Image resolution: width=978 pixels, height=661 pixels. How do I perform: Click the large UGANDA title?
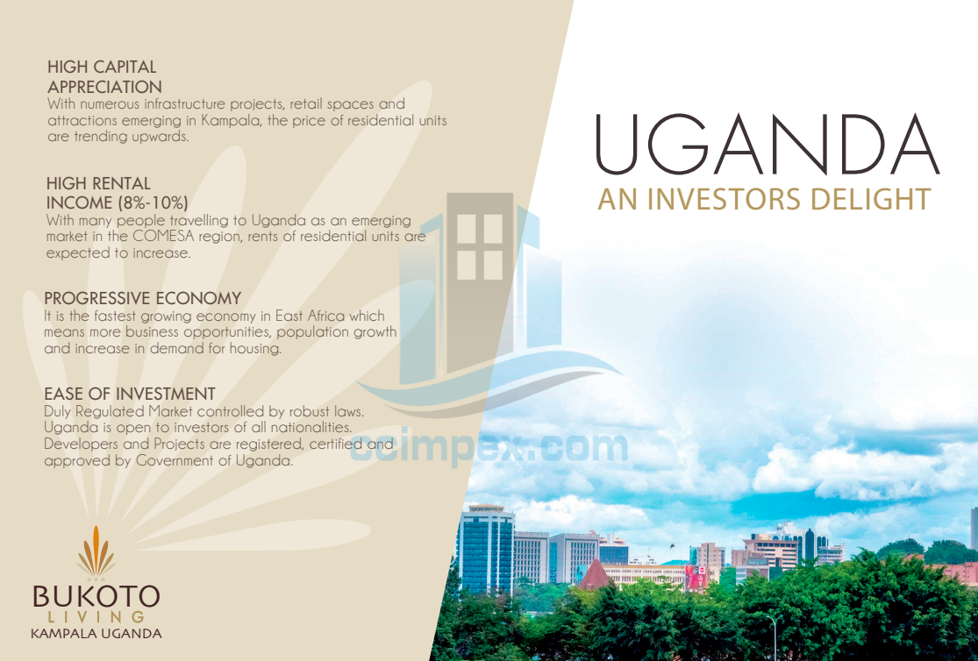click(x=767, y=145)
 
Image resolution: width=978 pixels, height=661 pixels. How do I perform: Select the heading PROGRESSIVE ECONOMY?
click(x=143, y=298)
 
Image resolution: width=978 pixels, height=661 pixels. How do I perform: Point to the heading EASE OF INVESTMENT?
click(x=130, y=394)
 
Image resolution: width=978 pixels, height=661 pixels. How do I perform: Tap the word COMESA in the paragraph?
click(x=164, y=237)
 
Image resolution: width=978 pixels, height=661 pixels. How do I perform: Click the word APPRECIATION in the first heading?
click(x=104, y=87)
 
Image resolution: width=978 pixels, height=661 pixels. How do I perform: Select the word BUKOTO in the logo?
click(x=96, y=596)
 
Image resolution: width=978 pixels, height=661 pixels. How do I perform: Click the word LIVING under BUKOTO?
click(x=96, y=616)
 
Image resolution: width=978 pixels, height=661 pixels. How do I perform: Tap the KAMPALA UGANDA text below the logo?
click(x=96, y=634)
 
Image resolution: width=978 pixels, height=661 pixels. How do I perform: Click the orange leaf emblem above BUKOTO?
click(x=96, y=551)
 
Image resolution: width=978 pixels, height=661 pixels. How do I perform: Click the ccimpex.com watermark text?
click(x=489, y=446)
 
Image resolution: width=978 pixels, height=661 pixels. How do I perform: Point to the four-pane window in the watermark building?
click(x=480, y=247)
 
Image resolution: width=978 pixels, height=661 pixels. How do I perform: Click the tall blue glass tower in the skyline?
click(x=486, y=550)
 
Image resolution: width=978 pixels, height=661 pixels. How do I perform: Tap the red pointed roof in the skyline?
click(x=595, y=575)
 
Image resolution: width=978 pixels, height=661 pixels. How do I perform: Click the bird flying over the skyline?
click(x=672, y=546)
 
